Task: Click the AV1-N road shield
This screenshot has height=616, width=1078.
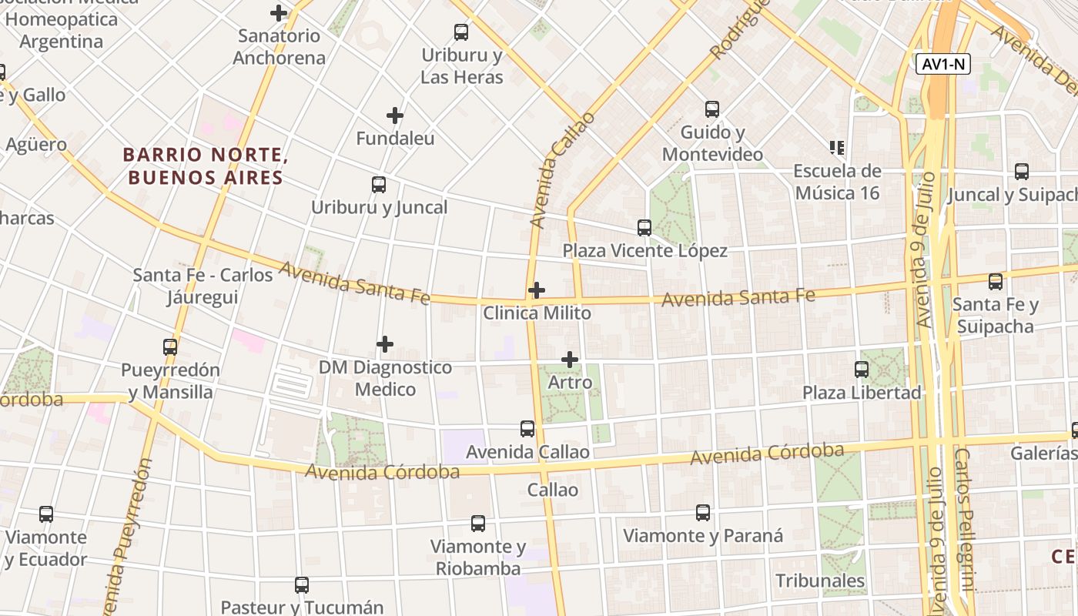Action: pos(943,64)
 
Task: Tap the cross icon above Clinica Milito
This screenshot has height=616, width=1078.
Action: pos(537,290)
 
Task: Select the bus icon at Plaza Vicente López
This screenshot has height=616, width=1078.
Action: pos(644,228)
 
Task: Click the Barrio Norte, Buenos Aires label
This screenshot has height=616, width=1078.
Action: pos(205,166)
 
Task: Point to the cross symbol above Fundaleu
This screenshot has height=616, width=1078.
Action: pos(395,116)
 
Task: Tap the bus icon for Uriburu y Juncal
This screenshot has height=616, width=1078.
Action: pos(379,185)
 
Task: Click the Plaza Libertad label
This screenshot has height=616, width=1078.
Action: pos(862,393)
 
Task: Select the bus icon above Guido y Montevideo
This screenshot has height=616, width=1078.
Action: pos(712,109)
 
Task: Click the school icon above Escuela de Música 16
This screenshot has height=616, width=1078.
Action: pos(837,147)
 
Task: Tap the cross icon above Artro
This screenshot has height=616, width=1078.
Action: pos(570,360)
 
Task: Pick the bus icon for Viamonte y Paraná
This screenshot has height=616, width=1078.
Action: pos(703,513)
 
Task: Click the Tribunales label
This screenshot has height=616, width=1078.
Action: pos(820,581)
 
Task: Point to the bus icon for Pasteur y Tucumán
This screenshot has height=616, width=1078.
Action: pos(302,585)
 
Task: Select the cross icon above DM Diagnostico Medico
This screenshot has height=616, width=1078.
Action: pos(385,344)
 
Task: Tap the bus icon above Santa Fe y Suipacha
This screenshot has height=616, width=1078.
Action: pos(996,282)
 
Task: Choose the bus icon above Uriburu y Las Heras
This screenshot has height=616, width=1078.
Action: pos(461,32)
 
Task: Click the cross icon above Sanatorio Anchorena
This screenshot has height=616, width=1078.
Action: pos(279,13)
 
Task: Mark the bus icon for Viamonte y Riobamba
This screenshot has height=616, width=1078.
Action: pos(478,524)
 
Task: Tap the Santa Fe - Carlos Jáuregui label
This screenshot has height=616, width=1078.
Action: pos(203,286)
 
